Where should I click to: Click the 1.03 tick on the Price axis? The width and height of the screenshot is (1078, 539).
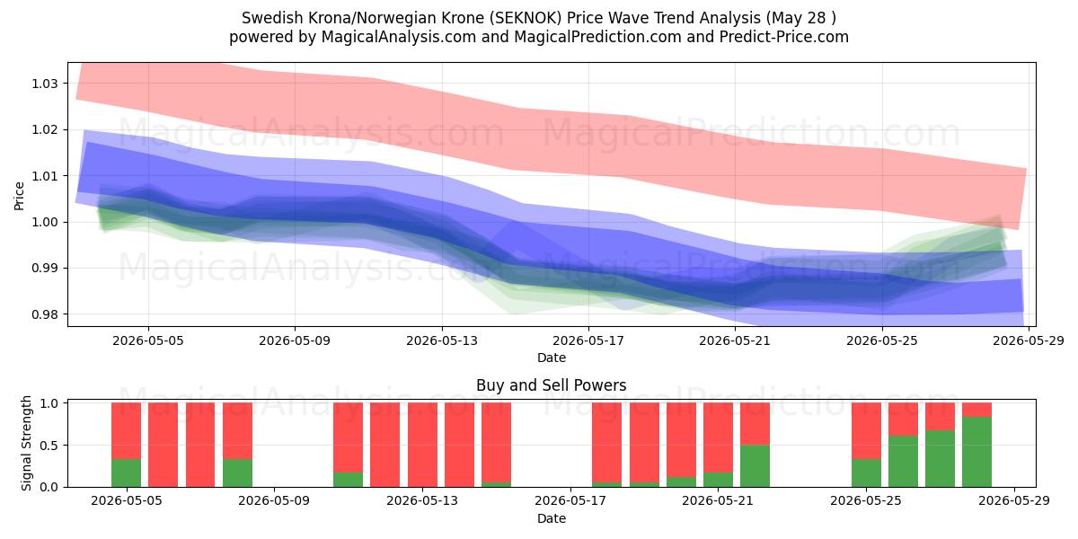(44, 84)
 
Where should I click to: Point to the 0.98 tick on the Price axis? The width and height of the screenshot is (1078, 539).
(44, 314)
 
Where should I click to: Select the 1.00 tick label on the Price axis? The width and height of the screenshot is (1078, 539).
(44, 223)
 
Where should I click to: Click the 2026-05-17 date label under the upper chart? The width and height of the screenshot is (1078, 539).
(588, 340)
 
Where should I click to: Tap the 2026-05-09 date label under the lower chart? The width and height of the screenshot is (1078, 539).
(274, 500)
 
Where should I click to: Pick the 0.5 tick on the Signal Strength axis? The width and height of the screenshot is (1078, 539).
(49, 446)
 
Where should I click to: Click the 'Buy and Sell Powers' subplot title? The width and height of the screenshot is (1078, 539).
(551, 385)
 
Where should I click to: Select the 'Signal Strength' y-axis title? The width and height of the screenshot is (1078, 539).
(26, 443)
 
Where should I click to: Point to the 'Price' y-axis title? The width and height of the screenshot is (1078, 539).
(19, 196)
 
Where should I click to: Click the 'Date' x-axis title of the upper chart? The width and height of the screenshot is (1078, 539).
(552, 358)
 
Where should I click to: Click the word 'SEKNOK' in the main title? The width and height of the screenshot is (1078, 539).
(526, 18)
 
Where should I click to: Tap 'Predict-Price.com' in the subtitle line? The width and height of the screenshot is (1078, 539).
(784, 37)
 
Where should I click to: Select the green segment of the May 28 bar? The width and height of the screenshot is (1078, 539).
(977, 452)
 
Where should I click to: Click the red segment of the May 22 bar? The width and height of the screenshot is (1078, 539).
(755, 423)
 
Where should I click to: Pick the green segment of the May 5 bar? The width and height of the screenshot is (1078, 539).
(126, 473)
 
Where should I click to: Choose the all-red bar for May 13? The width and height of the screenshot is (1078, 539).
(422, 445)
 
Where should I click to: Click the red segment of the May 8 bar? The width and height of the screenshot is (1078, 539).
(237, 430)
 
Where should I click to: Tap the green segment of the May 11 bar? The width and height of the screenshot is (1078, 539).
(348, 480)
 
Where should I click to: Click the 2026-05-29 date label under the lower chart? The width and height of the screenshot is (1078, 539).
(1014, 500)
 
